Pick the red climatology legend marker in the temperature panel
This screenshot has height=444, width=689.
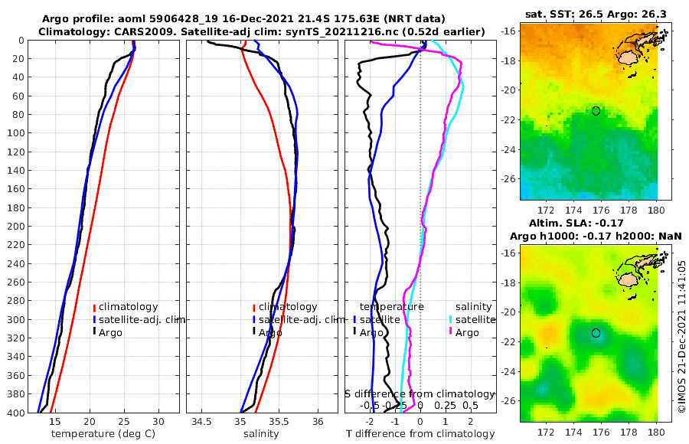click(x=94, y=307)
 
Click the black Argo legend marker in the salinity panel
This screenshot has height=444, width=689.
click(x=253, y=331)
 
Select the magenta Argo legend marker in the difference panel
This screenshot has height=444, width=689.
click(x=452, y=331)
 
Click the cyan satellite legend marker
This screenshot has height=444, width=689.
click(x=452, y=319)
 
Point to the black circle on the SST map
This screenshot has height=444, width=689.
click(x=596, y=111)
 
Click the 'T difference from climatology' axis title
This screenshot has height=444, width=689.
click(x=420, y=434)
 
